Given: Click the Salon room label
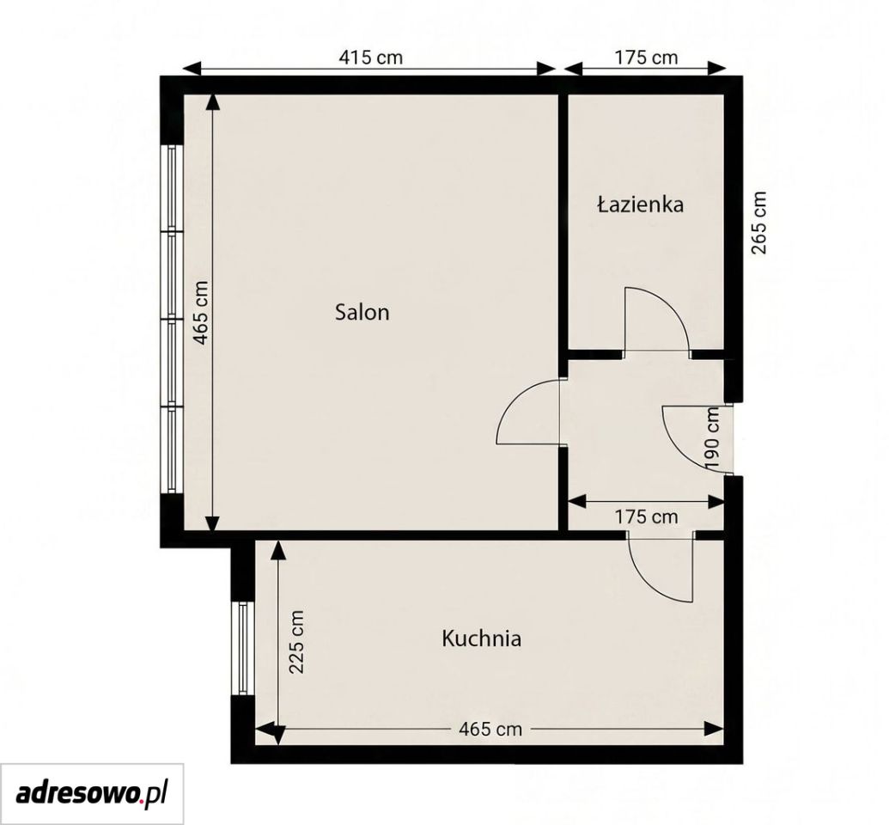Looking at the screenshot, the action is pos(362,312).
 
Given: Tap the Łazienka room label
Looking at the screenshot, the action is pos(640,205).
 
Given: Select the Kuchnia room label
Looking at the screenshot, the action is pos(481,639).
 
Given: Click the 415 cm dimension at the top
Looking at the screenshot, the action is pos(371,58).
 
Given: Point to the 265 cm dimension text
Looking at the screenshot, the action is pos(758,223).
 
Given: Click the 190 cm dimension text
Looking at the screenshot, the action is pos(713,437).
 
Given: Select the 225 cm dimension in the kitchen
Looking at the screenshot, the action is pos(296,642).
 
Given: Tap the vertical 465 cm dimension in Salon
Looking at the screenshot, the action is pos(200,313).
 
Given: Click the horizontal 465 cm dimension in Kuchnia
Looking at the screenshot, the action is pos(490,729).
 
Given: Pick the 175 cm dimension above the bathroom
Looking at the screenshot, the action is pos(646,58).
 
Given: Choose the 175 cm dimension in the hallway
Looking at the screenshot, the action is pos(646,516).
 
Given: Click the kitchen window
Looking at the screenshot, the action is pos(243,649).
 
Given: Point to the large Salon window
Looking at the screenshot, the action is pos(172,319).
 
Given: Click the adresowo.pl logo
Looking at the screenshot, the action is pos(91,794).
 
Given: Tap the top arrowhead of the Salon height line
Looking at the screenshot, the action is pos(212,102).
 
